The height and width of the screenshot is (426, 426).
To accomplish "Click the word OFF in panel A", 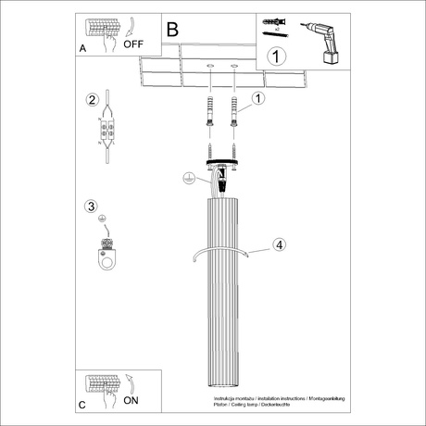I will pos(132,42).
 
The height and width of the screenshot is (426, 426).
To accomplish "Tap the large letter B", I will pos(173,30).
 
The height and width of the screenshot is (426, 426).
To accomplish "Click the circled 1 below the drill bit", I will pos(275,56).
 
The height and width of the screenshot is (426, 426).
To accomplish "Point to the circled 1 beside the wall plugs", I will pos(258,97).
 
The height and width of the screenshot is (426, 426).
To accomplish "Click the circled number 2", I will pos(92,100).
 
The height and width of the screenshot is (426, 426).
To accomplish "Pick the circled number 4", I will pos(278,245).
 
